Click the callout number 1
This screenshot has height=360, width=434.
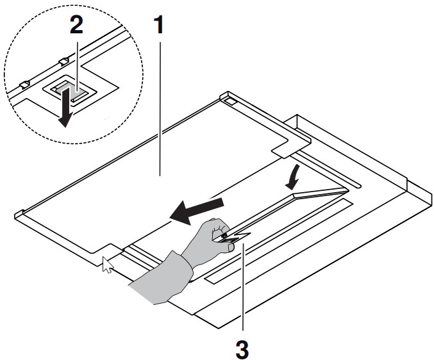pos(159,26)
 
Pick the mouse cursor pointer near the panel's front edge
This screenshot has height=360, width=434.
pos(108,264)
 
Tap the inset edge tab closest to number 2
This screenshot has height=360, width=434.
pos(62,61)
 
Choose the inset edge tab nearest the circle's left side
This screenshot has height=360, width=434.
pos(24,83)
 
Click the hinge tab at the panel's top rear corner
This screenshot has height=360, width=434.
pos(229,98)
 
